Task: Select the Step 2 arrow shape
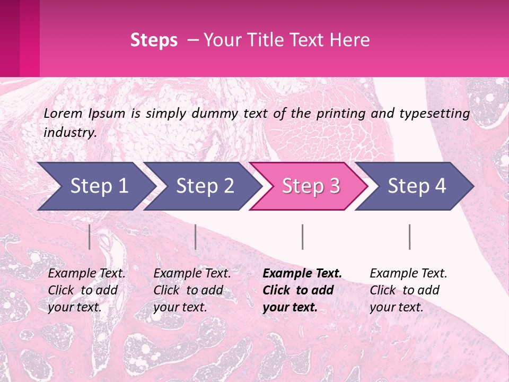pyautogui.click(x=205, y=186)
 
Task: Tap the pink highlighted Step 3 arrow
pyautogui.click(x=311, y=186)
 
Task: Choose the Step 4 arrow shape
pyautogui.click(x=417, y=186)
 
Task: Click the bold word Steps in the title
pyautogui.click(x=154, y=40)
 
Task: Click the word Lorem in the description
pyautogui.click(x=63, y=113)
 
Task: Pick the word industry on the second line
pyautogui.click(x=70, y=133)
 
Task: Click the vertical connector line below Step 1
pyautogui.click(x=90, y=237)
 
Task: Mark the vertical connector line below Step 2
pyautogui.click(x=196, y=237)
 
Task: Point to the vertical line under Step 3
pyautogui.click(x=302, y=237)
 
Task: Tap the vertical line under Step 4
pyautogui.click(x=409, y=237)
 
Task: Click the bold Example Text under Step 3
pyautogui.click(x=302, y=274)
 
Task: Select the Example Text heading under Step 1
pyautogui.click(x=86, y=274)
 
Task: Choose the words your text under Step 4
pyautogui.click(x=396, y=307)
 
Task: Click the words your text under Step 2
pyautogui.click(x=180, y=307)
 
